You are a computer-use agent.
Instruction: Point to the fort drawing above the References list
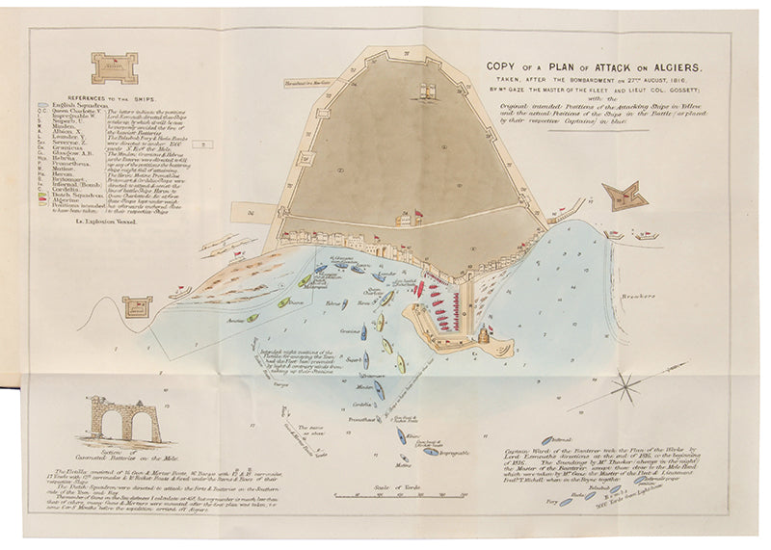coord(115,67)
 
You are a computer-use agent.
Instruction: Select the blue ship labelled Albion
coord(285,302)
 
